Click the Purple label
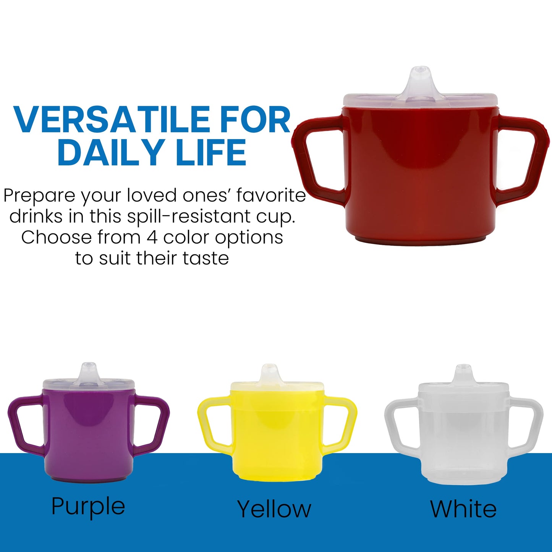[88, 507]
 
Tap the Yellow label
[274, 509]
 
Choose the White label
[463, 509]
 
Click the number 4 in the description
[152, 237]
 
